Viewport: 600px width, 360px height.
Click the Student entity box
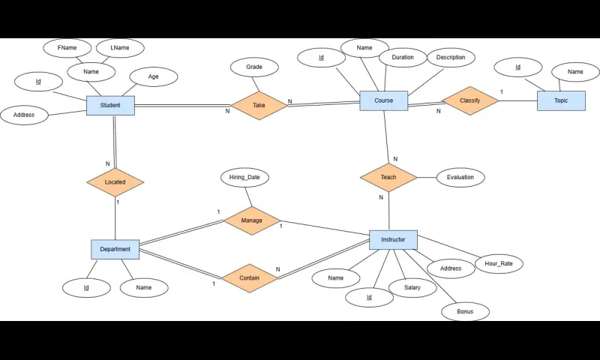[110, 106]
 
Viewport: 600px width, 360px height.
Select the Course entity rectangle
[383, 100]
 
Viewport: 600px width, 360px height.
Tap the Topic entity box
[561, 100]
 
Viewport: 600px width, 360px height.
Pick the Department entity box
[115, 249]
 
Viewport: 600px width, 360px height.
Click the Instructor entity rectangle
[393, 240]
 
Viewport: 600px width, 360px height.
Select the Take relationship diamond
[259, 106]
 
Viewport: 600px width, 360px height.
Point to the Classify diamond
[470, 100]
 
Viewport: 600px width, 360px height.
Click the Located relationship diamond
[115, 181]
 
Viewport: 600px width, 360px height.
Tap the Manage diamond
[252, 220]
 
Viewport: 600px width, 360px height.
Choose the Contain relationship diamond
[249, 277]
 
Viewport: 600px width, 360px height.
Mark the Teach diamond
[388, 177]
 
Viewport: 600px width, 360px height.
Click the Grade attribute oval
[254, 67]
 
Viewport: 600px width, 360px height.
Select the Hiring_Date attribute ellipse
[244, 178]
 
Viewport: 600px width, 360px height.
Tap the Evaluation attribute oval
[460, 178]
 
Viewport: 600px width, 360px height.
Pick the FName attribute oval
[67, 48]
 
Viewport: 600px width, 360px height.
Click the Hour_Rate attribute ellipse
[499, 264]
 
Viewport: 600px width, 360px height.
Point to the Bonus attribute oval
[465, 311]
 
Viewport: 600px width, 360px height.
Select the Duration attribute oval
[402, 57]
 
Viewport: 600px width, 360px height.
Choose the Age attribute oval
[153, 76]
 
